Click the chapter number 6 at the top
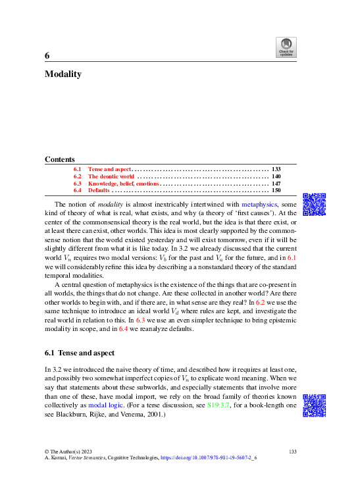pos(47,56)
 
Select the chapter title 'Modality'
pos(63,74)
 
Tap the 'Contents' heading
pos(59,159)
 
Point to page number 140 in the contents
pos(276,176)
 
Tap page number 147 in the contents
pos(276,184)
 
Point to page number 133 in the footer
pos(294,450)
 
